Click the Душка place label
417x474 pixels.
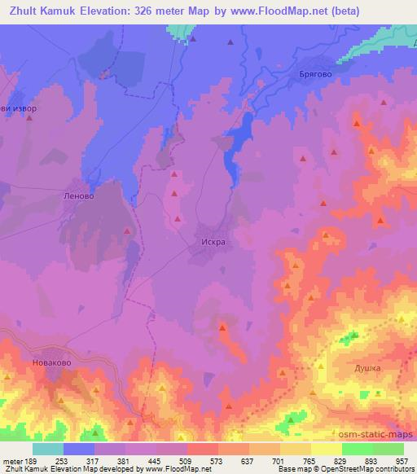click(x=366, y=368)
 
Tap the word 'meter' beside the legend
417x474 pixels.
click(x=11, y=461)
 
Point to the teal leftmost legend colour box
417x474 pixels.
click(x=48, y=449)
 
